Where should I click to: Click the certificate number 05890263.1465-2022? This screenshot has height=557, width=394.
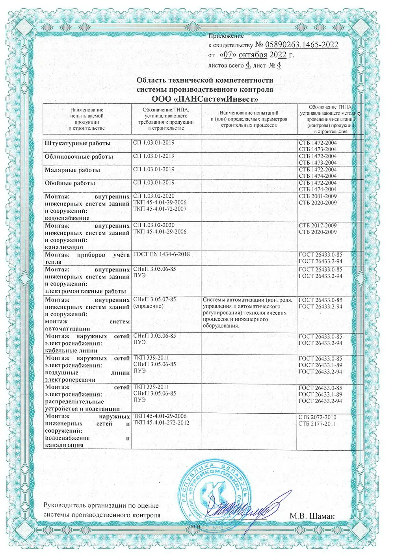[302, 45]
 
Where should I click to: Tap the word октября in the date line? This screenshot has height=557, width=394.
[252, 55]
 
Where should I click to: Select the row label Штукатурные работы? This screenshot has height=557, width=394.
[78, 143]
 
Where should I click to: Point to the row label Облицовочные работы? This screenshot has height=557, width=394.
[79, 156]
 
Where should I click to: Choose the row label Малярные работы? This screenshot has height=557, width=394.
[72, 170]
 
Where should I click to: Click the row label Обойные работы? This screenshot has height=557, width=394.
[70, 183]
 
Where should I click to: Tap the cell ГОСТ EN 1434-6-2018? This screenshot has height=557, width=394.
[162, 254]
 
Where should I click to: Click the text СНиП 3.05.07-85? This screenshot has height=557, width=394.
[154, 299]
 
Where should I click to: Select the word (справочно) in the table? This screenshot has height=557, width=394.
[148, 306]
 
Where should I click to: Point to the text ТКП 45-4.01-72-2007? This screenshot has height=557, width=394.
[160, 209]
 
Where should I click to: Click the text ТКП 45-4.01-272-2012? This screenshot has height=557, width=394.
[162, 423]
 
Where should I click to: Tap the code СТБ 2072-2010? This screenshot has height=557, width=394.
[318, 417]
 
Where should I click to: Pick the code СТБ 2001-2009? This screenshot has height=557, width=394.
[318, 196]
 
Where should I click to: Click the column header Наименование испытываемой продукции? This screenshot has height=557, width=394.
[87, 119]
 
